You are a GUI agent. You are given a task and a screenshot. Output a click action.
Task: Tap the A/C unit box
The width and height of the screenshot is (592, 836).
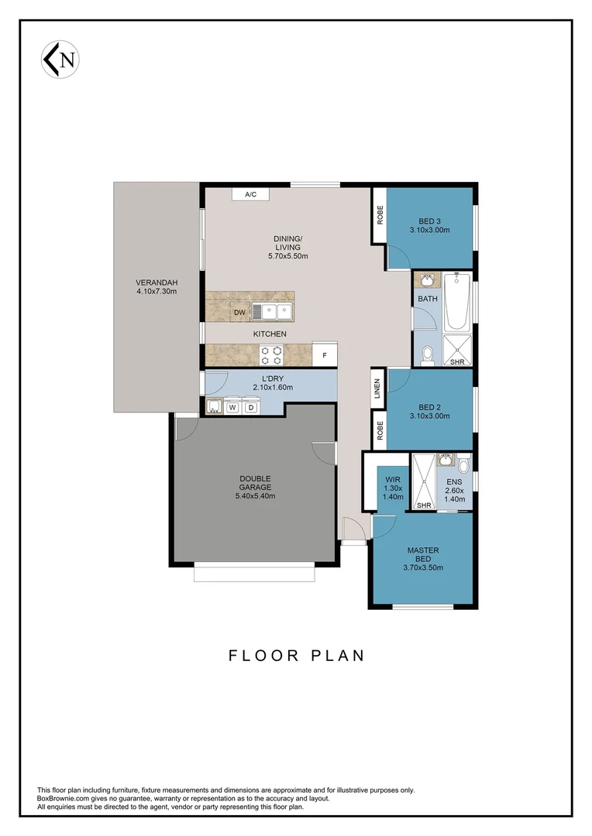(x=250, y=194)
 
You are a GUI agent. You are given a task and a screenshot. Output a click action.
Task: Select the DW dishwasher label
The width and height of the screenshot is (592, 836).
(x=239, y=312)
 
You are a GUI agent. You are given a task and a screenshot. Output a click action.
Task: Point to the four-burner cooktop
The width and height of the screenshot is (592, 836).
(x=271, y=355)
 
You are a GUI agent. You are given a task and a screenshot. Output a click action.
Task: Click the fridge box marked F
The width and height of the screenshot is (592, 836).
(x=324, y=355)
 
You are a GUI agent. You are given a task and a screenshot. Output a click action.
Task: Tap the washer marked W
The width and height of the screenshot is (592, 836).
(x=232, y=406)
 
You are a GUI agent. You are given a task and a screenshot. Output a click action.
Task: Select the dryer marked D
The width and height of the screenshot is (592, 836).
(x=251, y=406)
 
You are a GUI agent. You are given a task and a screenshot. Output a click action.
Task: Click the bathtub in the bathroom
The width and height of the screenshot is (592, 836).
(x=457, y=303)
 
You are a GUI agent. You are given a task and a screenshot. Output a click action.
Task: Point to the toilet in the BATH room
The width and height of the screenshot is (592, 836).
(x=426, y=355)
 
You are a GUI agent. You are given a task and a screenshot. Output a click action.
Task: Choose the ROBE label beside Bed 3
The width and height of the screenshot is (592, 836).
(x=380, y=214)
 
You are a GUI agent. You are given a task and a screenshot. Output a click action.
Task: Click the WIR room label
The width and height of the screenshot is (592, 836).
(x=394, y=479)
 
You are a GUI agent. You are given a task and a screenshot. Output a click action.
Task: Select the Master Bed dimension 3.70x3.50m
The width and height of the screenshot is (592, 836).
(x=423, y=567)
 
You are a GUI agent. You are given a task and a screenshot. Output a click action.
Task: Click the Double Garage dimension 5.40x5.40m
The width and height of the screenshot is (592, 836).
(x=255, y=496)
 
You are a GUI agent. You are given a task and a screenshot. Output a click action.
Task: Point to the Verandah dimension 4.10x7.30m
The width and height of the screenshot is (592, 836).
(x=157, y=292)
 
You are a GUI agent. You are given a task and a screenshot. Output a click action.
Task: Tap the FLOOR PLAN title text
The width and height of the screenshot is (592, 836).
(x=296, y=656)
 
